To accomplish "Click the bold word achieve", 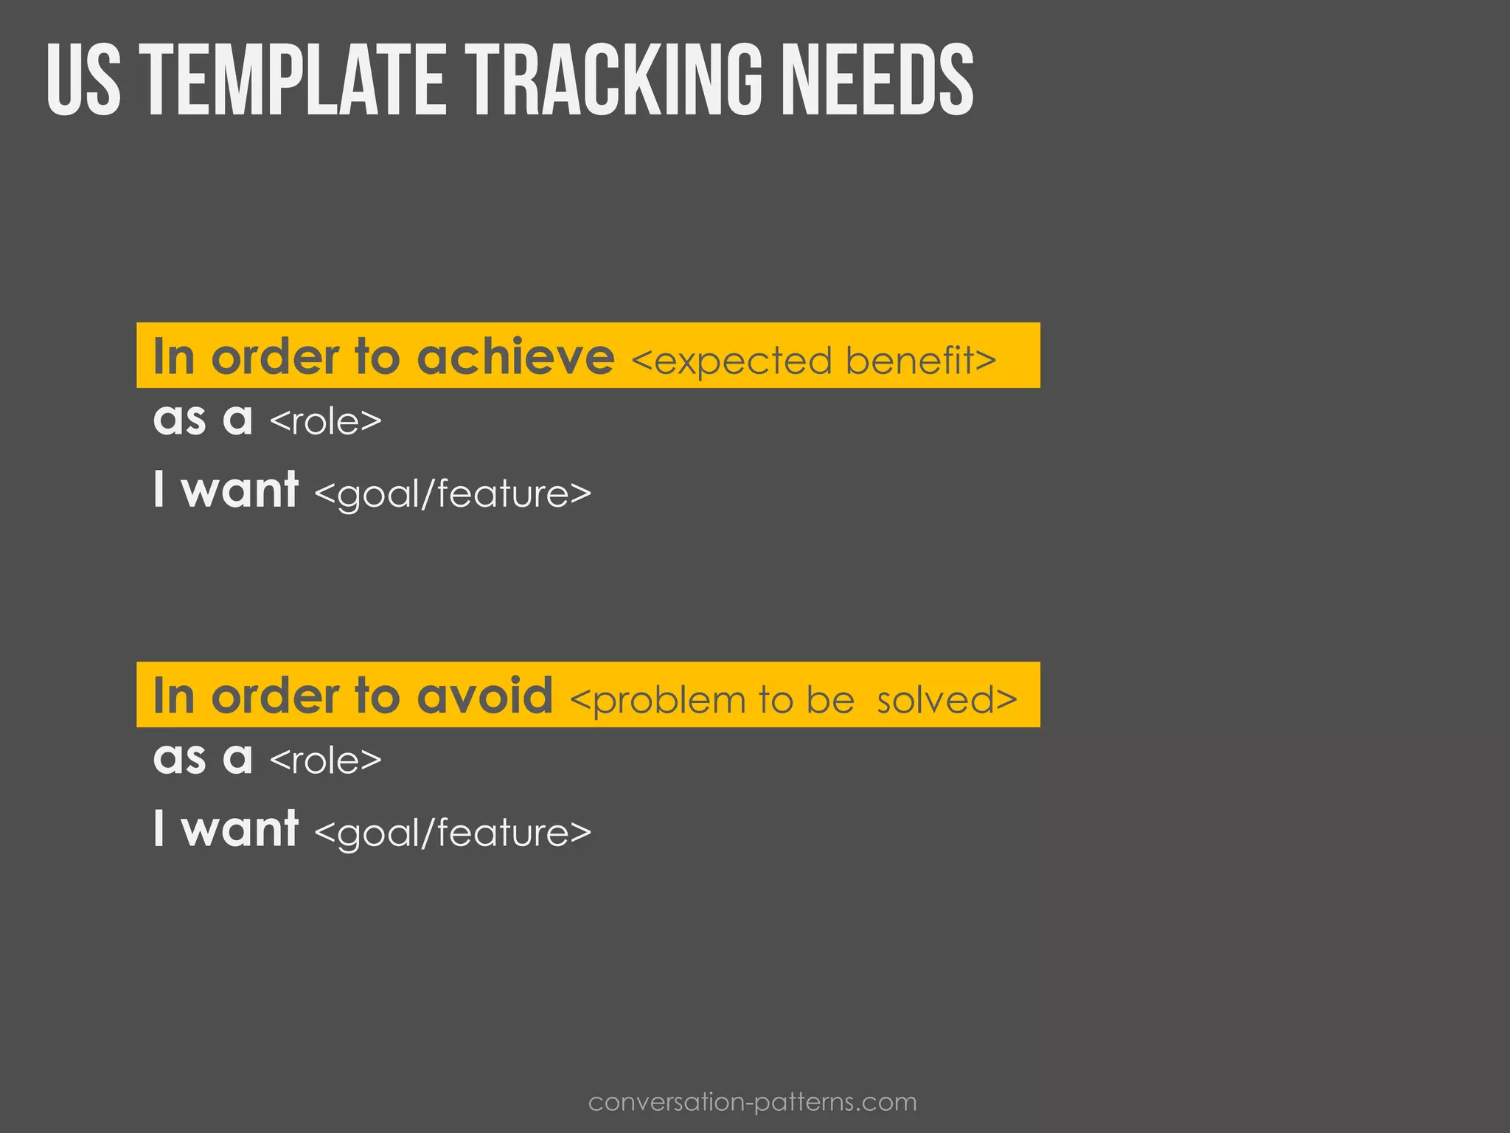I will click(x=515, y=357).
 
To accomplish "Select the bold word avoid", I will click(x=484, y=696).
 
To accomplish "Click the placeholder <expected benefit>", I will click(x=814, y=361).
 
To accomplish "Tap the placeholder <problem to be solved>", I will click(x=793, y=700).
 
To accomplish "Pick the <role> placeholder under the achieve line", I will click(x=326, y=422).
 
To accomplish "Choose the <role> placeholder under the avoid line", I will click(x=326, y=761).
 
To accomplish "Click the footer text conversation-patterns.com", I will click(x=753, y=1102).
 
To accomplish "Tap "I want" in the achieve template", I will click(x=226, y=490).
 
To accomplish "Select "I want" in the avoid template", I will click(x=226, y=829).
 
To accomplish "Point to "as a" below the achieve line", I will click(x=203, y=419).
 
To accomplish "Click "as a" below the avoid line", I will click(x=203, y=758).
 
